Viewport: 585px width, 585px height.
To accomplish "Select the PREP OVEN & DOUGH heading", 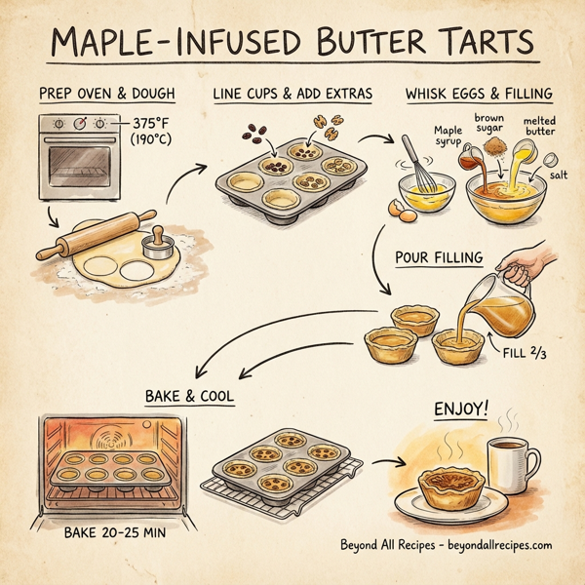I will [x=106, y=94].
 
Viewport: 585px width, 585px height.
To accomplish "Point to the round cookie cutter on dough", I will [x=153, y=243].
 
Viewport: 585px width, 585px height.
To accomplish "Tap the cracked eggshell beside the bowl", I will [x=398, y=208].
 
